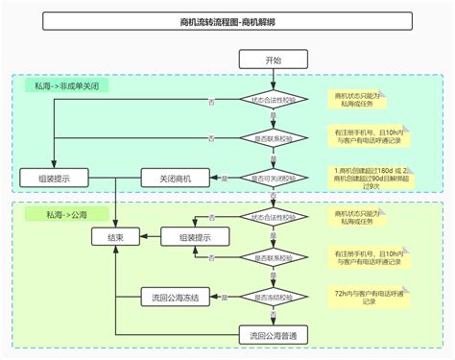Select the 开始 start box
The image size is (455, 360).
tap(274, 60)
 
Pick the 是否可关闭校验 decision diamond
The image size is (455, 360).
tap(274, 178)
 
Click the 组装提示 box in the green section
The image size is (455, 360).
tap(54, 178)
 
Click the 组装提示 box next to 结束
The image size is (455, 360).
tap(191, 236)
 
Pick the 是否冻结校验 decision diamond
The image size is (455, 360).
tap(274, 298)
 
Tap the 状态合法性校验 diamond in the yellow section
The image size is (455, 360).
tap(274, 219)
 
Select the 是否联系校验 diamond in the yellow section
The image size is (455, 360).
tap(274, 257)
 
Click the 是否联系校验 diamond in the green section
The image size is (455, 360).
tap(274, 137)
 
